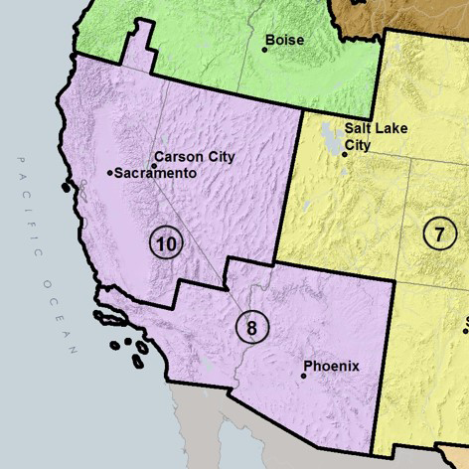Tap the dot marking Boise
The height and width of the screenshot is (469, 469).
coord(265,49)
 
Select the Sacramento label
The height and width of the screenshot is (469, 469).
coord(155,173)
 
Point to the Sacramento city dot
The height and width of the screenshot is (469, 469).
coord(109,173)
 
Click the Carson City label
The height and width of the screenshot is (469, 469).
coord(196,157)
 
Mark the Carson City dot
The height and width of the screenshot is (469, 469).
coord(154,166)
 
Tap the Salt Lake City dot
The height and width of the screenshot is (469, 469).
coord(345,154)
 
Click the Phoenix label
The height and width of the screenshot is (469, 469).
coord(331,367)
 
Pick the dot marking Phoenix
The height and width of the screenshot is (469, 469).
coord(304,376)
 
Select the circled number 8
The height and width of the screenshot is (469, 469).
coord(252,327)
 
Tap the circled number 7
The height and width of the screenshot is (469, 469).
coord(438,234)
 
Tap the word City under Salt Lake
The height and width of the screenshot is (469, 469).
coord(358,145)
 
